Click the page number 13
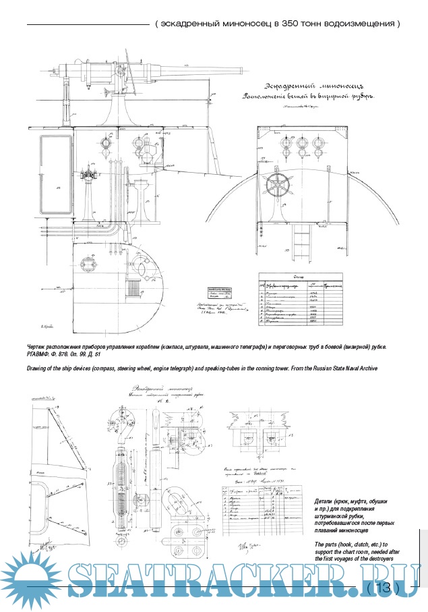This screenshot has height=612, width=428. pos(383,588)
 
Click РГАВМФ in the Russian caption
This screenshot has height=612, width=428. pos(40,354)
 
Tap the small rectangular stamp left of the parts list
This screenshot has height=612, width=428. pos(218,293)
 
